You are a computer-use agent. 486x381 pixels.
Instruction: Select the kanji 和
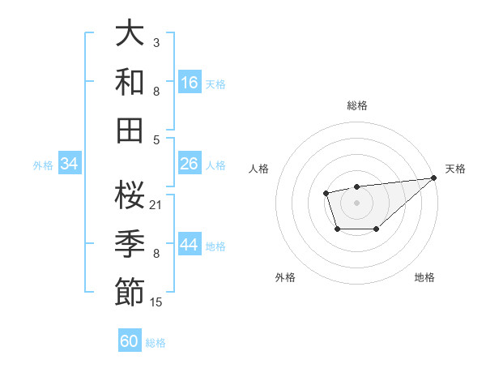130,82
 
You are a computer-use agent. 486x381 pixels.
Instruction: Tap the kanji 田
130,130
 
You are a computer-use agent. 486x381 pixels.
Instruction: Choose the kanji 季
130,244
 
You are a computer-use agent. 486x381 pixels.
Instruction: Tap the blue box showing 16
190,83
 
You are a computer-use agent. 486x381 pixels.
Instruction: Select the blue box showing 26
190,164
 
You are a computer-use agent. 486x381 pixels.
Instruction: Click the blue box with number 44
190,245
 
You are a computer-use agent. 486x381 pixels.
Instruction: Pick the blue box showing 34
70,164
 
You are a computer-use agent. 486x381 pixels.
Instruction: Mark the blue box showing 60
130,341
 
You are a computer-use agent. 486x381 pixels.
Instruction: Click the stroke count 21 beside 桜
156,204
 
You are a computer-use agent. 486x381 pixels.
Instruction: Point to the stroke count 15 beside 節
156,302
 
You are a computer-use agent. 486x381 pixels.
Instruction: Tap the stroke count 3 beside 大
156,41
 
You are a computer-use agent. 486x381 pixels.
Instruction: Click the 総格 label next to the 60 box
156,343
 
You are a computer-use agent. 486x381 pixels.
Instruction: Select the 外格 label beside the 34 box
43,165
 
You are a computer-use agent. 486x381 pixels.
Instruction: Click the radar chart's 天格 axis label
455,169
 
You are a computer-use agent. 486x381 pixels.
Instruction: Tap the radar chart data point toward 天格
434,178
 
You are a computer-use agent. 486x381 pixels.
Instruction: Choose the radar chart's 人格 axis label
259,169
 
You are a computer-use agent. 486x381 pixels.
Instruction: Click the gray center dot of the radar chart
356,201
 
